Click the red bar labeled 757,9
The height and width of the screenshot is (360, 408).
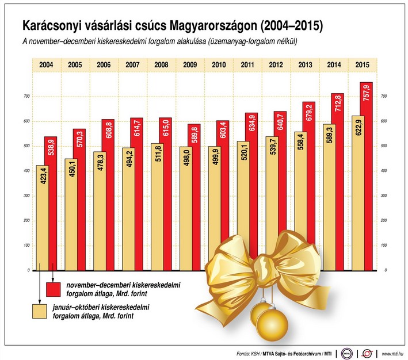click(x=366, y=173)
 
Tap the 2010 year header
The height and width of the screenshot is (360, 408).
click(x=219, y=64)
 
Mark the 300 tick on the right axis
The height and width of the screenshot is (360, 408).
click(x=384, y=196)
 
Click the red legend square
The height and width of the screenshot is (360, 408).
click(x=54, y=289)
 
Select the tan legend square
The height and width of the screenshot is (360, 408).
click(x=40, y=311)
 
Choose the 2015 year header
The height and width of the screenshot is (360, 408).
click(x=363, y=64)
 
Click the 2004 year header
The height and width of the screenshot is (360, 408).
click(x=47, y=64)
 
